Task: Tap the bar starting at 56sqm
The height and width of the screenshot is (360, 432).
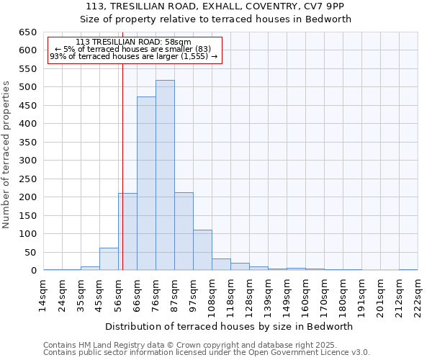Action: (127, 231)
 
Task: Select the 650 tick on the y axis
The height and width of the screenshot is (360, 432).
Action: (27, 32)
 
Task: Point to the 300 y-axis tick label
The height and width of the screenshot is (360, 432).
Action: (27, 161)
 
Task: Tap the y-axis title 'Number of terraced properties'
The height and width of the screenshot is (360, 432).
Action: (6, 155)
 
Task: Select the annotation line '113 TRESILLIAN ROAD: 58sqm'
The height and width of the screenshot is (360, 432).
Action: (133, 42)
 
